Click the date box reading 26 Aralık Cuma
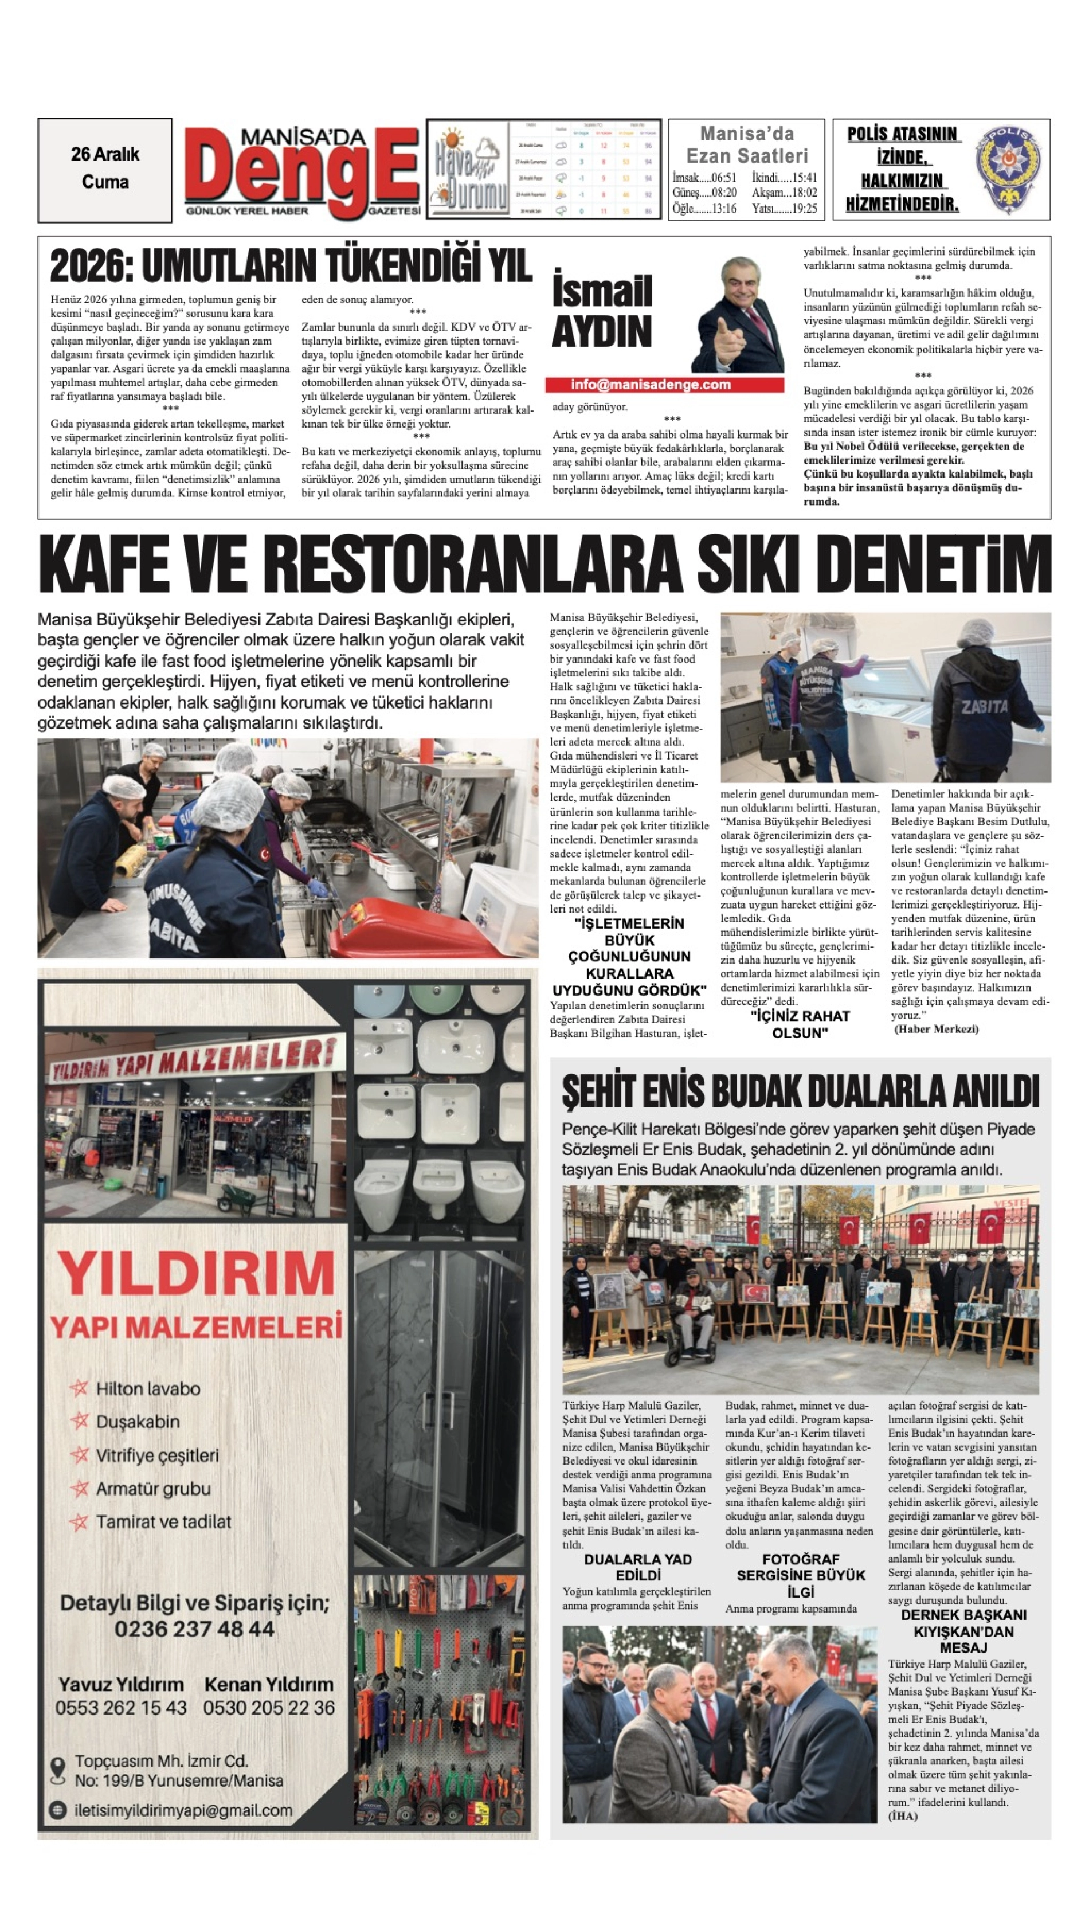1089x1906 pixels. [x=105, y=169]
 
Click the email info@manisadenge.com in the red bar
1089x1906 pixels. [x=650, y=385]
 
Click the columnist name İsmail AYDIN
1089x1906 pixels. [x=601, y=311]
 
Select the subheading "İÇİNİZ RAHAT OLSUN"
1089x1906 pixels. [x=800, y=1024]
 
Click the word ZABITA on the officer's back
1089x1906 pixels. [x=984, y=706]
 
